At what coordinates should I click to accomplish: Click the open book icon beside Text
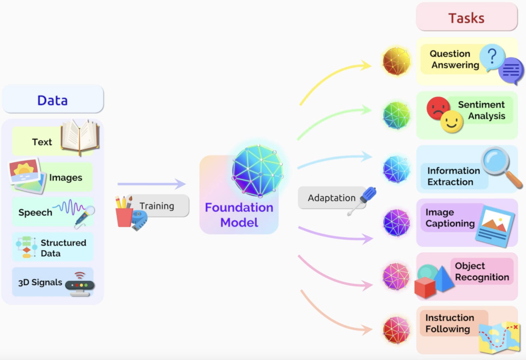[80, 137]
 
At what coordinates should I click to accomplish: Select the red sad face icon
[438, 107]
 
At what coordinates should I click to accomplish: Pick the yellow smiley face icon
[452, 122]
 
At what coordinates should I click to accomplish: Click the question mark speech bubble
[492, 57]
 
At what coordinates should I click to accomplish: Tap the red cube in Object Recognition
[425, 287]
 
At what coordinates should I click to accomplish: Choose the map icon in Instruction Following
[499, 337]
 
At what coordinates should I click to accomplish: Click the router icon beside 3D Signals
[80, 285]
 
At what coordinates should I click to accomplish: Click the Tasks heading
[466, 18]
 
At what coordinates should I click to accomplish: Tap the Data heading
[53, 100]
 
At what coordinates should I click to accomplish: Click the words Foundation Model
[239, 215]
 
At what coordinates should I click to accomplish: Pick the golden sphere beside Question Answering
[397, 61]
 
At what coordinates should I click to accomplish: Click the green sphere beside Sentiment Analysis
[397, 116]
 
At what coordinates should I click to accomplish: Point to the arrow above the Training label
[152, 184]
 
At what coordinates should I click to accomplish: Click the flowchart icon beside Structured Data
[27, 247]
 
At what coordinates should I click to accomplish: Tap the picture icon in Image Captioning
[495, 226]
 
